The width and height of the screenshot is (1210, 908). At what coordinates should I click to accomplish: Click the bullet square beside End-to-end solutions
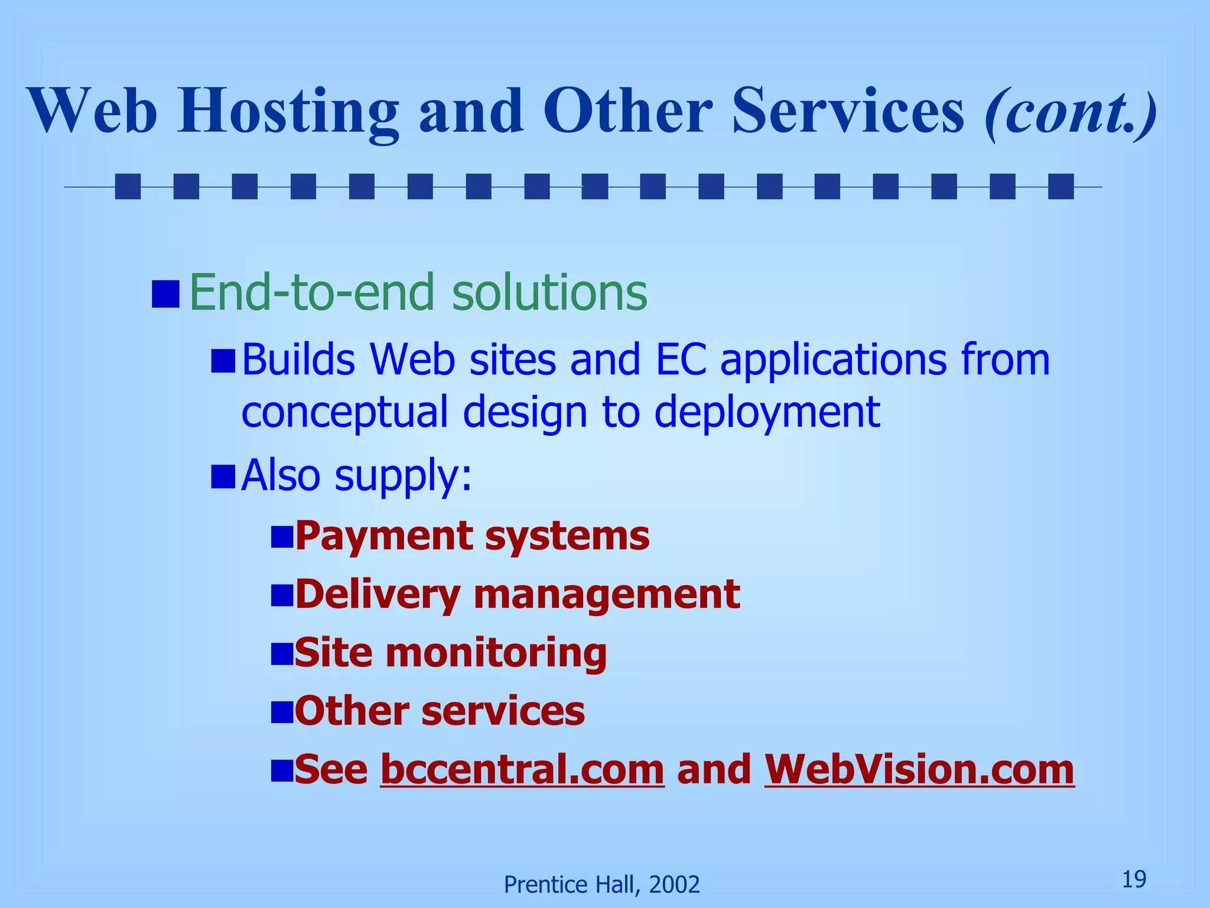[x=165, y=294]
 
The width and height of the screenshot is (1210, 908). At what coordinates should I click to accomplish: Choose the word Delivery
[x=378, y=594]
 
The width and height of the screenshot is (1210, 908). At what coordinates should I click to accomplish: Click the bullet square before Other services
[x=282, y=712]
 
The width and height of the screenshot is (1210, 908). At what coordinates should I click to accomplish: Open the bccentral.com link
[x=522, y=770]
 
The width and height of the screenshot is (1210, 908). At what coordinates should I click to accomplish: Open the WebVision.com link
[x=919, y=770]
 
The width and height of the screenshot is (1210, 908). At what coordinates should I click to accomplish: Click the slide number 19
[x=1134, y=880]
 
